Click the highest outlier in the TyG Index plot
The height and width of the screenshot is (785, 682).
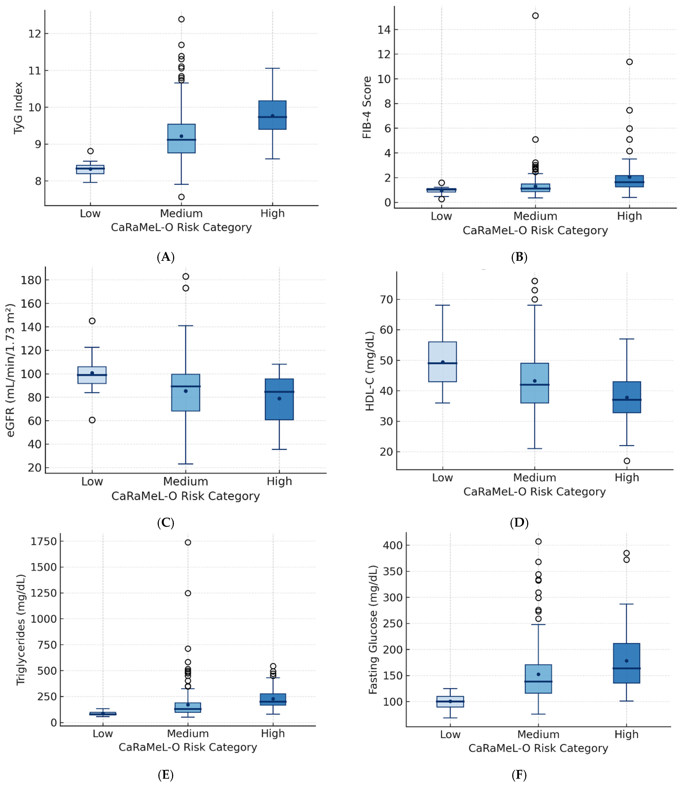click(181, 19)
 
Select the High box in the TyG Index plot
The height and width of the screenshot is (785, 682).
click(273, 115)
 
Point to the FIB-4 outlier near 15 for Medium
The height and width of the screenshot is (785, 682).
click(535, 16)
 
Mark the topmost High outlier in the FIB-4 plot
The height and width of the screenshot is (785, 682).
click(629, 62)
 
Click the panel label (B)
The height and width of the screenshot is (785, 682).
click(519, 257)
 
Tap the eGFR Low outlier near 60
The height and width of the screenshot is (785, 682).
click(92, 420)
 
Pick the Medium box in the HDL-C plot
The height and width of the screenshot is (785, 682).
click(535, 383)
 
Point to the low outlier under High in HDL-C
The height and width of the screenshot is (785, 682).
click(627, 461)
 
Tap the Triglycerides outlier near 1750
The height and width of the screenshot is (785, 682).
click(188, 542)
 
